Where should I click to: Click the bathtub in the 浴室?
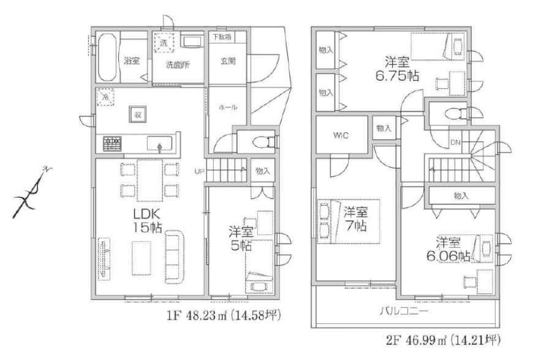(x=108, y=57)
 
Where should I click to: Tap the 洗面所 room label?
(x=178, y=65)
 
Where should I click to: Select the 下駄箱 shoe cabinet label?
(x=222, y=36)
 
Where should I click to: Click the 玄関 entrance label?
(x=228, y=61)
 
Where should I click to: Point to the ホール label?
(x=228, y=107)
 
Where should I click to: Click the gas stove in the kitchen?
(x=112, y=144)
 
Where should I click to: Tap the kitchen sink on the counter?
(x=159, y=143)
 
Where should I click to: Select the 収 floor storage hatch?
(x=137, y=114)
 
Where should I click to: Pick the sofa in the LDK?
(x=175, y=256)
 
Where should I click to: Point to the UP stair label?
(x=199, y=171)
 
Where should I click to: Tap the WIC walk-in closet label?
(x=341, y=135)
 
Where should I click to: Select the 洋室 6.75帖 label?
(x=397, y=69)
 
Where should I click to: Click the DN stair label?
(x=455, y=143)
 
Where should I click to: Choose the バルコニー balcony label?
(x=404, y=310)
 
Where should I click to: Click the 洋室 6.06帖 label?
(x=448, y=250)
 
